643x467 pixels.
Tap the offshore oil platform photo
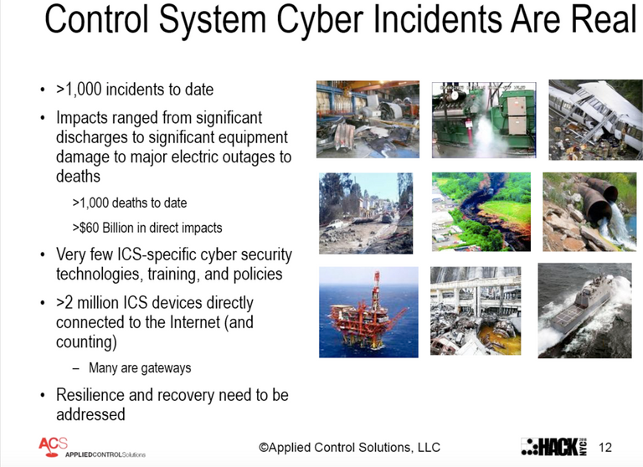click(x=368, y=311)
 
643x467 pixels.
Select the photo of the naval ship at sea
click(x=584, y=310)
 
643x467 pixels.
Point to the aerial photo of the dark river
click(x=481, y=211)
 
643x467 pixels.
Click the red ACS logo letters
click(x=53, y=443)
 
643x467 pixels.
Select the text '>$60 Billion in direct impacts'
click(x=147, y=227)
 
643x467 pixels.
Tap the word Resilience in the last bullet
click(x=92, y=394)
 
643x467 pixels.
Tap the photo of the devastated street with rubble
click(x=366, y=213)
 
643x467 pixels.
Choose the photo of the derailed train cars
click(x=589, y=119)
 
